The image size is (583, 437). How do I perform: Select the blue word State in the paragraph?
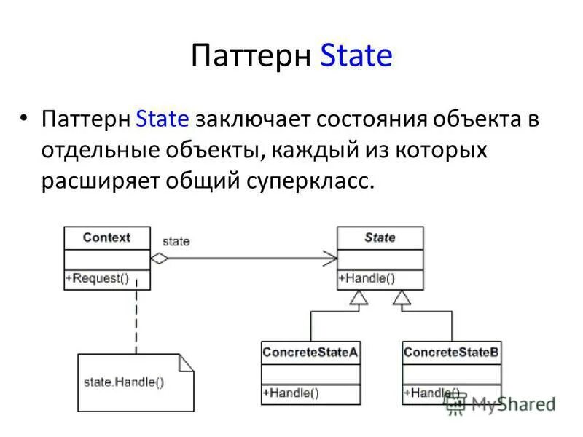[163, 119]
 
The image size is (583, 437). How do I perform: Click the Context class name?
[106, 237]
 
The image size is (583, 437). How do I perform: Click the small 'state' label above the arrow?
[176, 241]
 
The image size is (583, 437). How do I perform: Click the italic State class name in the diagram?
[379, 237]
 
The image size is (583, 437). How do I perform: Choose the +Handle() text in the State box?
[367, 278]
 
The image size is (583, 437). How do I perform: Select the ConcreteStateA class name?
[310, 353]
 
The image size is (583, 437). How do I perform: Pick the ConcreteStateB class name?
[451, 353]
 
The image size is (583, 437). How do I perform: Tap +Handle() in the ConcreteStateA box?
[291, 393]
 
